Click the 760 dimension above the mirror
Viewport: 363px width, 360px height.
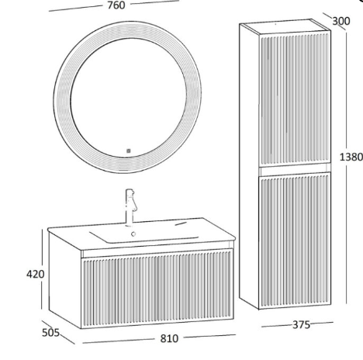116,5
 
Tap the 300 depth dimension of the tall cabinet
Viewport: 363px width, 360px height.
341,21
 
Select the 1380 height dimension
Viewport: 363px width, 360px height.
351,157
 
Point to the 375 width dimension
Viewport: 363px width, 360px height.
301,325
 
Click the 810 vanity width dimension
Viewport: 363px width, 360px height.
169,338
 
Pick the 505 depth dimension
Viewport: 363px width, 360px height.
50,333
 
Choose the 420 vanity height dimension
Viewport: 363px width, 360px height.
36,274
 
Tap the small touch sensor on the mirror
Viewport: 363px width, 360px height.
129,151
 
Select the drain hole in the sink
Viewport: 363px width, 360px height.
133,234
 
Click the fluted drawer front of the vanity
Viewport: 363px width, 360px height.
157,289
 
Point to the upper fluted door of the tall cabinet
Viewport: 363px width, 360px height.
295,99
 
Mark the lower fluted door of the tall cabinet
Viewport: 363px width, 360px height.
295,240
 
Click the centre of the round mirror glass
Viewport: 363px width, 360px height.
129,98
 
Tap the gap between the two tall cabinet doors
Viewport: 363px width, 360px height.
295,169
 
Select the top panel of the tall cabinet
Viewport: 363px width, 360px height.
285,26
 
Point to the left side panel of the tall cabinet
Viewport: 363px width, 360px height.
249,165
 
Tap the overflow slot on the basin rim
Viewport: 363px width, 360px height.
181,223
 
